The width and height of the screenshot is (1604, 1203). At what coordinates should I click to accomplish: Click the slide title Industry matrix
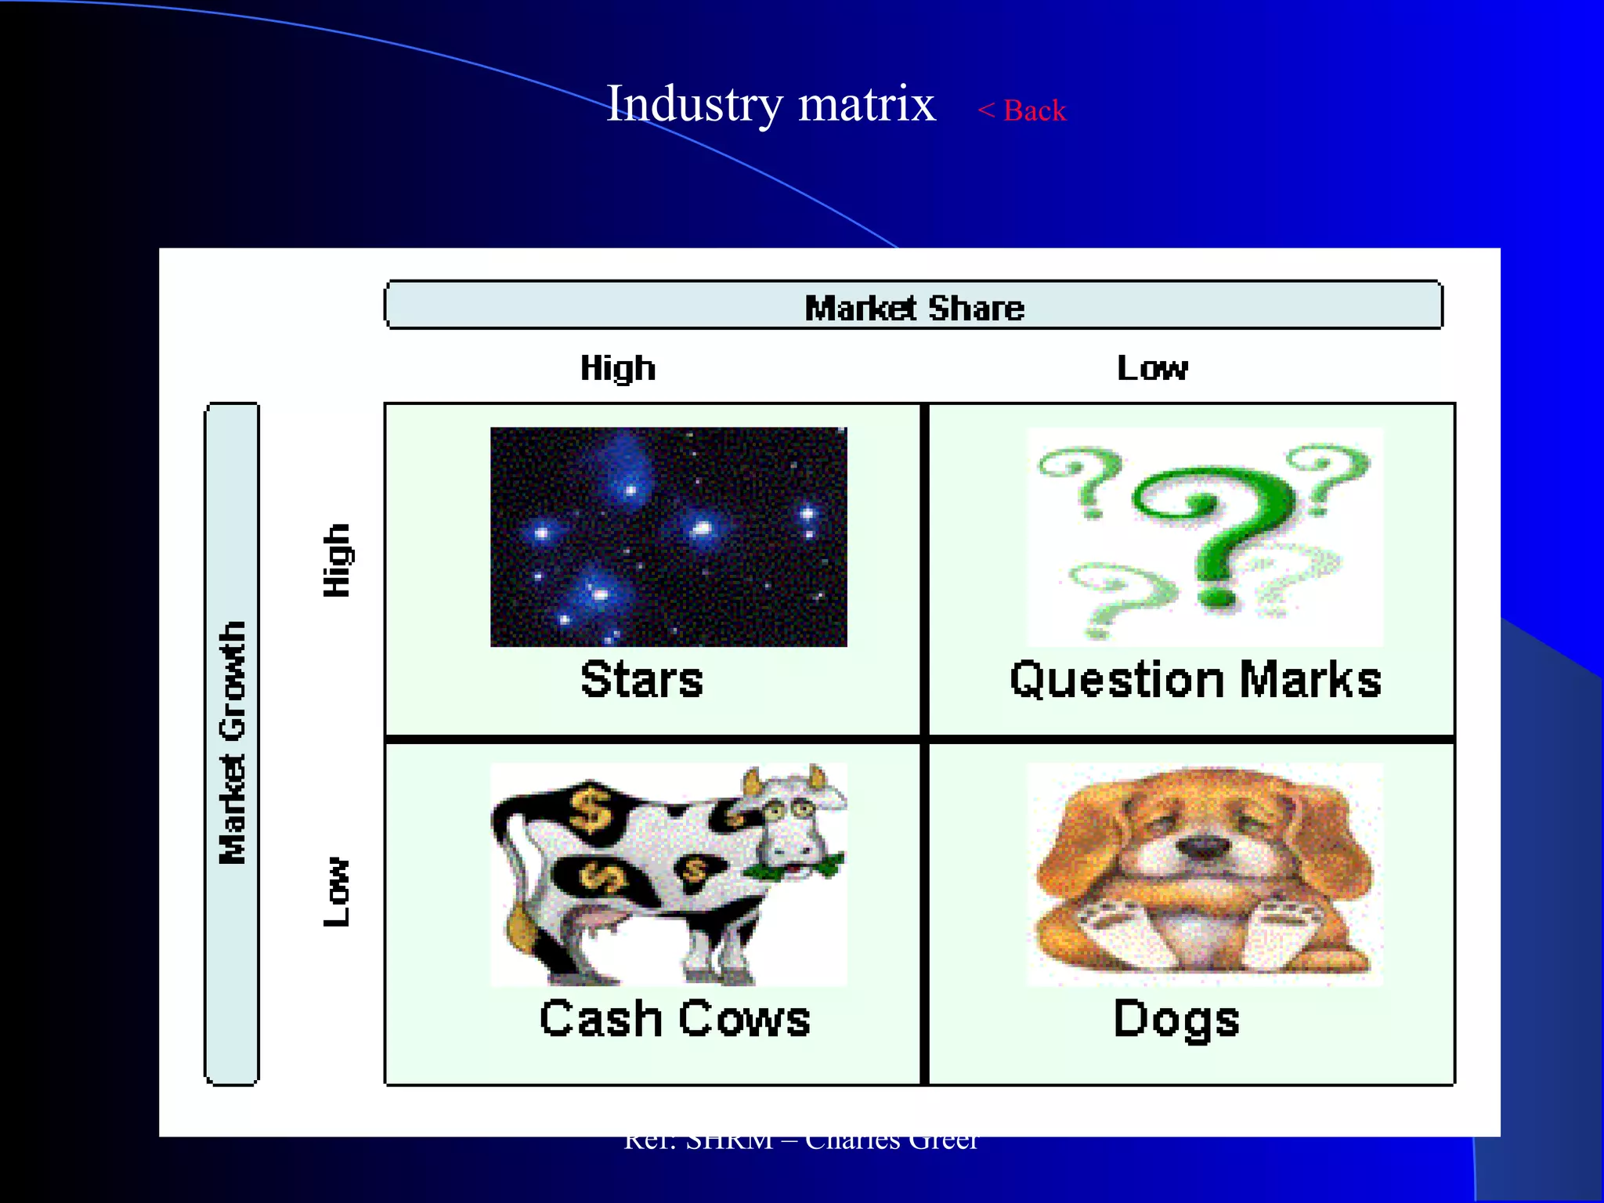tap(771, 104)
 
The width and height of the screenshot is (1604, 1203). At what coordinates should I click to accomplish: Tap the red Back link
tap(1022, 110)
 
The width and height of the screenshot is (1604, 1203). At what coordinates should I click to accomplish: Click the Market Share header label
tap(914, 308)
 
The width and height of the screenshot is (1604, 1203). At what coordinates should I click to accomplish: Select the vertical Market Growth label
tap(233, 742)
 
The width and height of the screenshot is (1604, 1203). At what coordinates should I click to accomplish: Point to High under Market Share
tap(618, 368)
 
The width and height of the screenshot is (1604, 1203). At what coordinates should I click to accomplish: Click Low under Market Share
tap(1152, 368)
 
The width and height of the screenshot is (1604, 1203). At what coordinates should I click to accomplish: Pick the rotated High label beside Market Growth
tap(338, 560)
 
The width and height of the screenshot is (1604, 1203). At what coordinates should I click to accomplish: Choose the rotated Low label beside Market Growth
tap(338, 891)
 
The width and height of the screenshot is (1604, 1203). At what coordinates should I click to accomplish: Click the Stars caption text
tap(641, 679)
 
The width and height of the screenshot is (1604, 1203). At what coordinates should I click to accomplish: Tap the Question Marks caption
tap(1195, 679)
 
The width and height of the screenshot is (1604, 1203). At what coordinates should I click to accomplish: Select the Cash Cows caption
tap(674, 1019)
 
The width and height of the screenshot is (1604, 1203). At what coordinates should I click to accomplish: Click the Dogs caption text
tap(1176, 1019)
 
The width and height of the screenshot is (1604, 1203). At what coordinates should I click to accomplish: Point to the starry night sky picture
tap(668, 536)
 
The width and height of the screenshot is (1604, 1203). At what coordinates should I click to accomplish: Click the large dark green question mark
tap(1210, 533)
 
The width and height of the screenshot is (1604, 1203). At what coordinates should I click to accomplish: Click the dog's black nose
tap(1204, 847)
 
